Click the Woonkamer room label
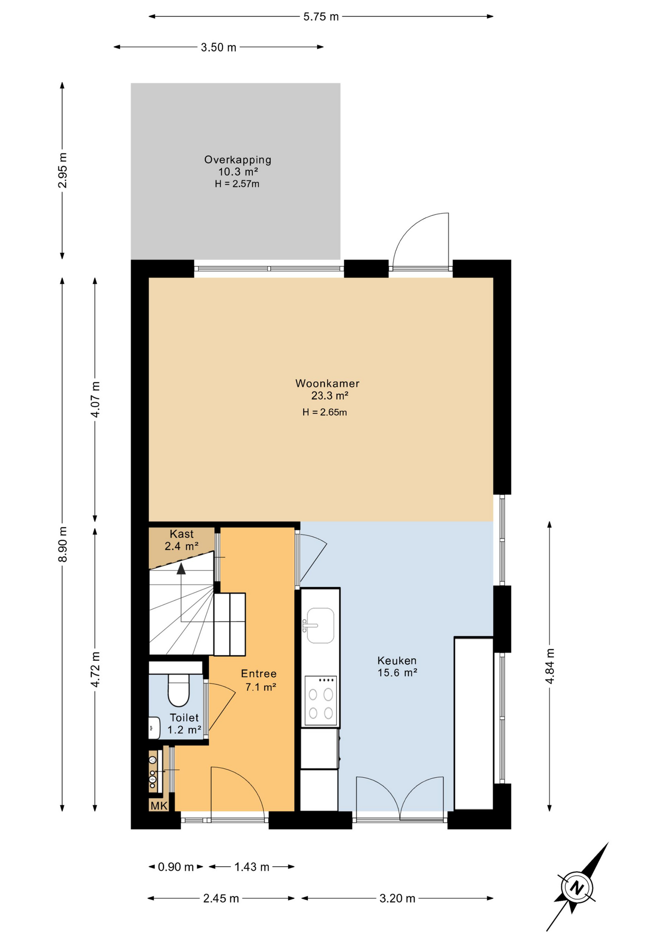tap(327, 383)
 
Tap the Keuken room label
tap(397, 661)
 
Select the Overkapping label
tap(238, 160)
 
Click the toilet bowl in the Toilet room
tap(178, 690)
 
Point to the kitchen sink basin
tap(320, 625)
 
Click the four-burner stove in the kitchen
tap(321, 701)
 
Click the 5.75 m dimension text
tap(321, 17)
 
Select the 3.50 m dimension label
tap(219, 47)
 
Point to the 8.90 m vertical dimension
tap(62, 544)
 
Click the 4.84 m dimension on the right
tap(550, 666)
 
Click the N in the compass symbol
tap(577, 888)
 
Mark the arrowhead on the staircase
tap(181, 569)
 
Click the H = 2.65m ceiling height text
tap(325, 413)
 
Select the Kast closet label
tap(182, 534)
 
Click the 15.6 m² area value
tap(397, 673)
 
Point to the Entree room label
tap(259, 674)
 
